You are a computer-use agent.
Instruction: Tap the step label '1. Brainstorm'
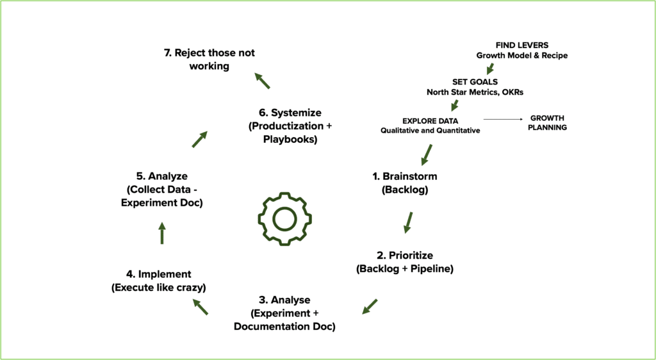405,176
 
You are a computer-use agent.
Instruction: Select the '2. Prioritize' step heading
405,255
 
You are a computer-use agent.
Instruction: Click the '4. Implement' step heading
159,274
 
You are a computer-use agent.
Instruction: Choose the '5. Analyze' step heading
161,176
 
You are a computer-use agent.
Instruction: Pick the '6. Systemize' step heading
290,113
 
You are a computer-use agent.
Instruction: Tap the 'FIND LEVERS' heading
521,45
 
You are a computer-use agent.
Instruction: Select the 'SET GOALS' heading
475,82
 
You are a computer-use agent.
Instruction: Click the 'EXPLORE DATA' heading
430,121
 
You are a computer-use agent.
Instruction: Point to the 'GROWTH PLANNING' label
547,123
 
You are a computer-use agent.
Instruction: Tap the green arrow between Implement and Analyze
162,233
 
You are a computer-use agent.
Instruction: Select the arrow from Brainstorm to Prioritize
408,222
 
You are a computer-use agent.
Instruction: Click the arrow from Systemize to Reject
262,80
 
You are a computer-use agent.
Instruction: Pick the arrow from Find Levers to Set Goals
489,69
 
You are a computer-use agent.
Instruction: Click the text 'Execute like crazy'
159,288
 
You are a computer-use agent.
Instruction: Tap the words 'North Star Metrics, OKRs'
475,92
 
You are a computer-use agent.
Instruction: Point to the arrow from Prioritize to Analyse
370,306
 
